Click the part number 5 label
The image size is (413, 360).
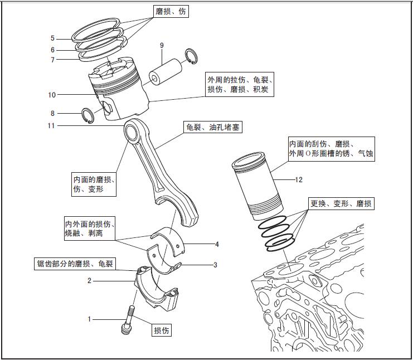point(52,38)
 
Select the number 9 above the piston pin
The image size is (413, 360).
point(162,45)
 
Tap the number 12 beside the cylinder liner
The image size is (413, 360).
point(299,179)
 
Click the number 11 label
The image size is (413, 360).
point(51,126)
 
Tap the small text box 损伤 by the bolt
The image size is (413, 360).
point(162,330)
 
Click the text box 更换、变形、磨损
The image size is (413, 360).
point(341,203)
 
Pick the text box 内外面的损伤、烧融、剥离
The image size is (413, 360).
point(90,230)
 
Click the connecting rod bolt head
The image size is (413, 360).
point(125,329)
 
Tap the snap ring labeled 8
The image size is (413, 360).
point(88,115)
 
